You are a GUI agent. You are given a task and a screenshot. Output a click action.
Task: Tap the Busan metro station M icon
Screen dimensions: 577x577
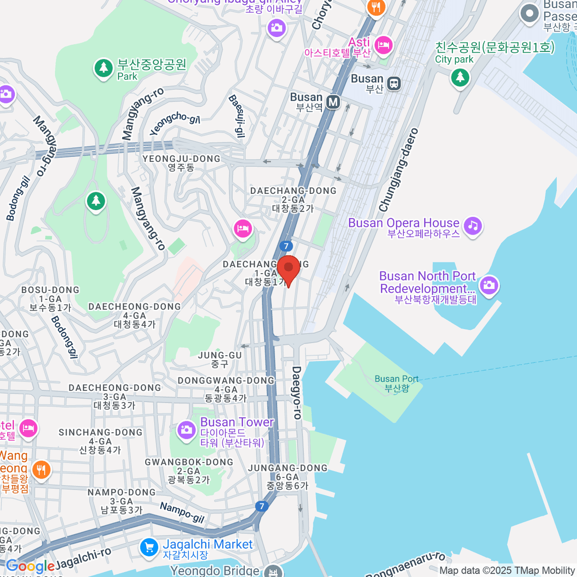333,102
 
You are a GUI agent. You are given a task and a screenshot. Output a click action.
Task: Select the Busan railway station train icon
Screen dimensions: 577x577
394,84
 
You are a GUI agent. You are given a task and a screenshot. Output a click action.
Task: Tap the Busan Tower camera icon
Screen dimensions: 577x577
186,429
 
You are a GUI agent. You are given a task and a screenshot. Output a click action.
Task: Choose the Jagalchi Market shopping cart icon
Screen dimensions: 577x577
149,547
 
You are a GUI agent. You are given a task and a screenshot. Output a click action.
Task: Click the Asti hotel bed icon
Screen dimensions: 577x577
383,46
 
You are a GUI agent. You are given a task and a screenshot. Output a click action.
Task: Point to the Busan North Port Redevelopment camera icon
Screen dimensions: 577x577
489,285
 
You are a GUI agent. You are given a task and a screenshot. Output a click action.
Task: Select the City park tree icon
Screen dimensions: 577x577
460,77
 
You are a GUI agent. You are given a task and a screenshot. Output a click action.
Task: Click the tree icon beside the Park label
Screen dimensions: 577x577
103,68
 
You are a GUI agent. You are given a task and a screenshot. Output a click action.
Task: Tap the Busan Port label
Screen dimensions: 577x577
397,384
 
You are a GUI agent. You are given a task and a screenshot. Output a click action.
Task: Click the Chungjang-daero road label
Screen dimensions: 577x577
399,170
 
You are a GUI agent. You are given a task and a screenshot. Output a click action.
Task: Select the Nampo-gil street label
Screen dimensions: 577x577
182,513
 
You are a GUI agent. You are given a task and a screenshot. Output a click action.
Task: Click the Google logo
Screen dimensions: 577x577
30,566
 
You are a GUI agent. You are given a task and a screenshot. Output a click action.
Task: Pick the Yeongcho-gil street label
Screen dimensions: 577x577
175,123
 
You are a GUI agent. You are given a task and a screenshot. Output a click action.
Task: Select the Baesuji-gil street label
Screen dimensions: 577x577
237,116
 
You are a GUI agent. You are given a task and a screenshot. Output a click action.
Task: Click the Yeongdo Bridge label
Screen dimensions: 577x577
215,571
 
